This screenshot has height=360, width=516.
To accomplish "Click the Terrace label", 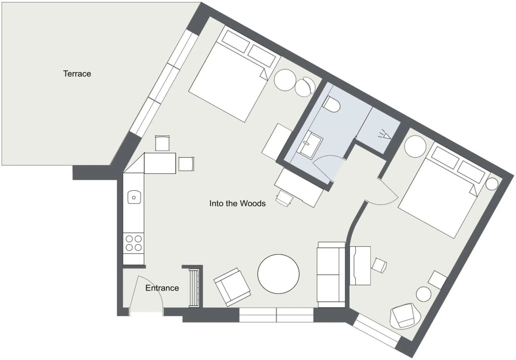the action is tap(77, 74).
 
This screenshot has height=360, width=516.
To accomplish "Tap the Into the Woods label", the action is tap(237, 203).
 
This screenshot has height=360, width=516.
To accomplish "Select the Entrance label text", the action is tap(162, 288).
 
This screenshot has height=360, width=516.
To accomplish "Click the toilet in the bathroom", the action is tap(332, 104).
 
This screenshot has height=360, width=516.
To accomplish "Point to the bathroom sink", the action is tap(310, 142).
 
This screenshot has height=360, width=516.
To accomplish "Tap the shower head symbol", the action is tap(385, 135).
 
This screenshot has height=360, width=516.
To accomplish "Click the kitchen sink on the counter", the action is tap(134, 197).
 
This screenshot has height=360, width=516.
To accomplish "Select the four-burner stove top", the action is tap(134, 243).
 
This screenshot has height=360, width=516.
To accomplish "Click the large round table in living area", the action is tap(278, 274).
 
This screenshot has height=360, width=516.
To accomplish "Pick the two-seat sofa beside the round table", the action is tap(331, 274).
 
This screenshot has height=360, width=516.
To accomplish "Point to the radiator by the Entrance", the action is tap(194, 287).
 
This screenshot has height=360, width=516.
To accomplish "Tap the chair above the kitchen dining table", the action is tap(162, 143).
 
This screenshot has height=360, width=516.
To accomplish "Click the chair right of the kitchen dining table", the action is tap(186, 164).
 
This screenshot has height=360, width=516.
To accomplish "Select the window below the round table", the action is tap(277, 315).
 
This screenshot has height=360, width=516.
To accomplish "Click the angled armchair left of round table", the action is tap(232, 286).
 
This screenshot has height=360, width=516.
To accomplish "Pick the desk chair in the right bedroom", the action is tap(379, 265).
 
